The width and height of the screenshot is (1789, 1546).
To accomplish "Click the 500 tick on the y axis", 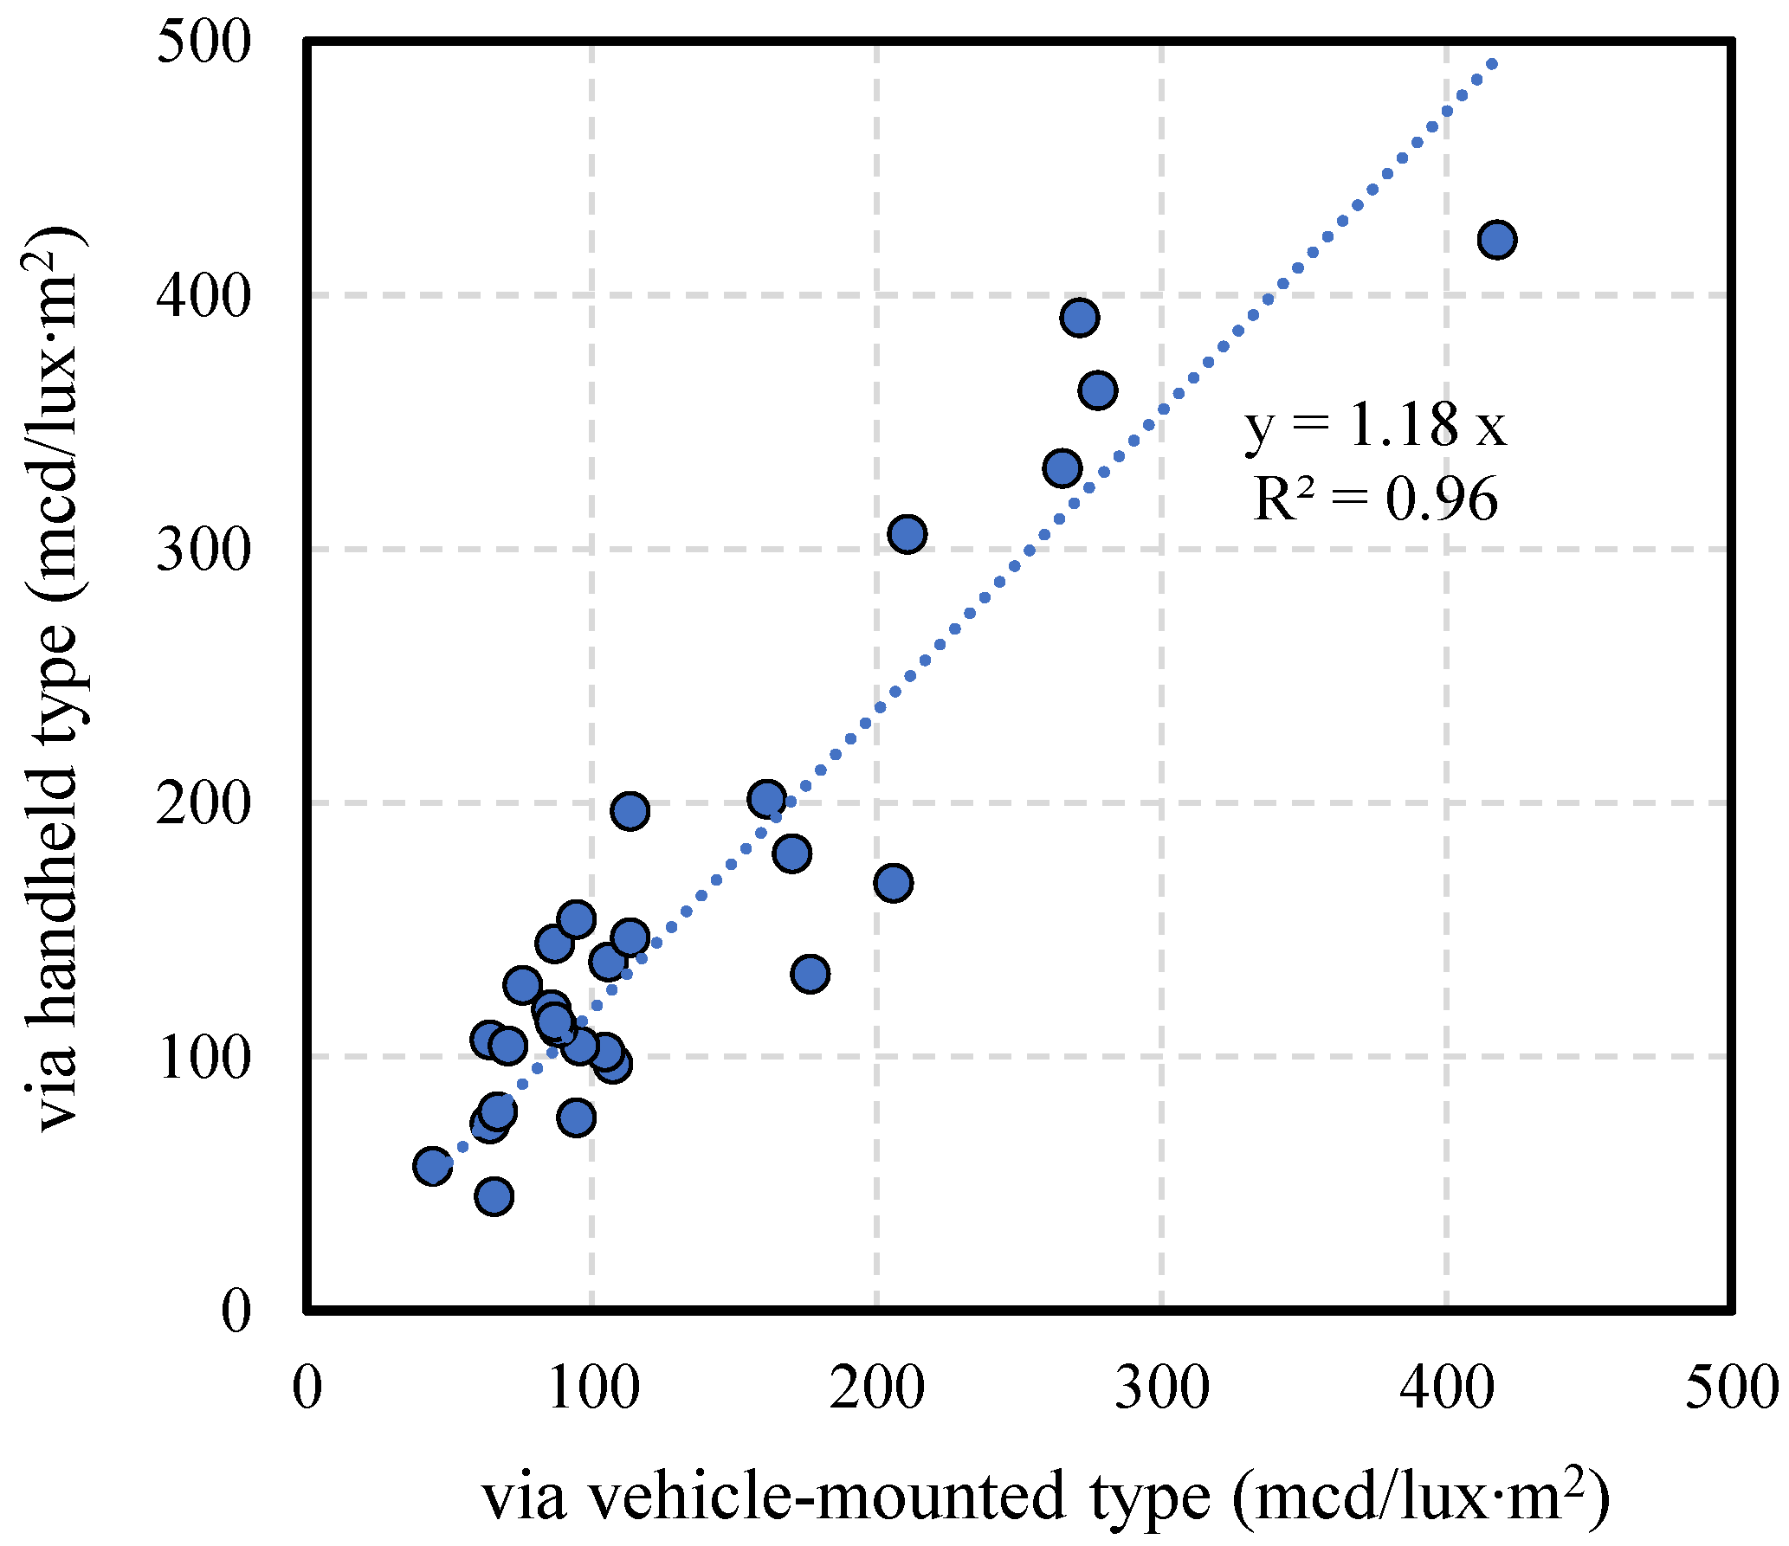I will pos(204,42).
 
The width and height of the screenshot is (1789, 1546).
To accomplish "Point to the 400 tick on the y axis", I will pos(204,295).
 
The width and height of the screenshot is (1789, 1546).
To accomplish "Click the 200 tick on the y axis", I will pos(204,803).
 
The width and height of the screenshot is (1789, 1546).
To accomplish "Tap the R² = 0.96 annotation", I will pos(1375,499).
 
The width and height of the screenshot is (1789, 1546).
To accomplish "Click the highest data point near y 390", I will pos(1080,318).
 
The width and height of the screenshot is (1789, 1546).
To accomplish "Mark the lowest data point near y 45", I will pos(494,1197).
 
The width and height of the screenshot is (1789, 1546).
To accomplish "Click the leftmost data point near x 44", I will pos(432,1167).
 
